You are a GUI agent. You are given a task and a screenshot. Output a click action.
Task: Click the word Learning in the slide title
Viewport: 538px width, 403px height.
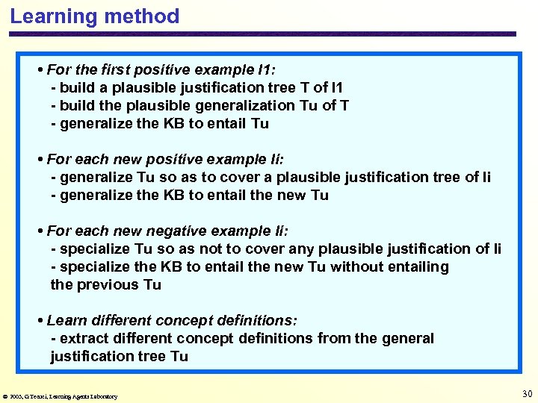click(x=49, y=16)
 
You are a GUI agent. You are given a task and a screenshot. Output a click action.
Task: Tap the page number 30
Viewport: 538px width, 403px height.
click(x=527, y=394)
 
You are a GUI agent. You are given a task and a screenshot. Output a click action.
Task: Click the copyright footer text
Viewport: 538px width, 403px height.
click(x=61, y=396)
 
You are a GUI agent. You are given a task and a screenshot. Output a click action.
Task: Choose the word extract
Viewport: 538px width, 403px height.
click(x=83, y=339)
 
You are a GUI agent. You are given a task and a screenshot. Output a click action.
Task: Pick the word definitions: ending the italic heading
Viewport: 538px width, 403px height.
click(x=257, y=321)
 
